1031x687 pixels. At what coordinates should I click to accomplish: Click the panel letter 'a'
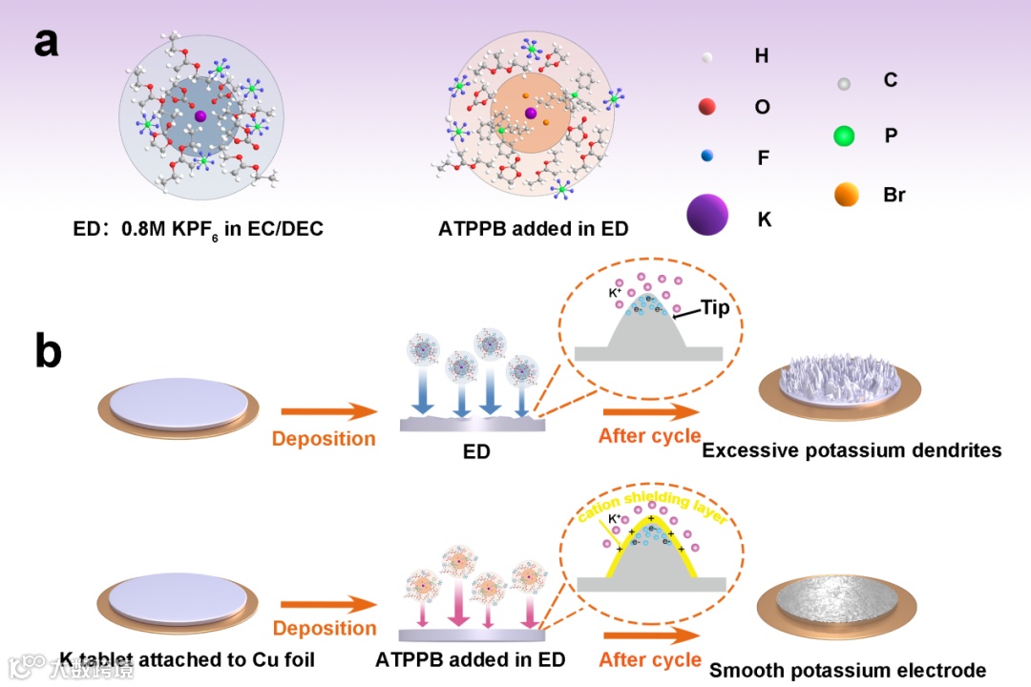(x=46, y=43)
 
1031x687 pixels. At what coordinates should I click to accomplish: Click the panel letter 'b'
(x=48, y=351)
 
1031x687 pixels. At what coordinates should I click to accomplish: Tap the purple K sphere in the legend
(x=707, y=217)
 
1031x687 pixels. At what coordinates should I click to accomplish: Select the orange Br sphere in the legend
(x=846, y=195)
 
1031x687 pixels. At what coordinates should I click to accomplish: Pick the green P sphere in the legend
(x=844, y=136)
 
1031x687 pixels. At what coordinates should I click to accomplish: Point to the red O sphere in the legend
(x=707, y=107)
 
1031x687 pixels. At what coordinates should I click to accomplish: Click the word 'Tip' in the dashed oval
(x=715, y=307)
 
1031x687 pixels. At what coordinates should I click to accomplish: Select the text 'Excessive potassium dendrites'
(x=852, y=449)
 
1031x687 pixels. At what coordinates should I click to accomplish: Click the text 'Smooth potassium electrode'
(x=848, y=670)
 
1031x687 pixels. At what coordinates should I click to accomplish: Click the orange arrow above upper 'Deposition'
(x=325, y=412)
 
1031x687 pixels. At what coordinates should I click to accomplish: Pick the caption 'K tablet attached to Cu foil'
(x=187, y=659)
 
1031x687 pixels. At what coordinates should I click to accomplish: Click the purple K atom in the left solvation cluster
(x=200, y=115)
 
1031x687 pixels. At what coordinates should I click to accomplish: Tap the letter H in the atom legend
(x=761, y=56)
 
